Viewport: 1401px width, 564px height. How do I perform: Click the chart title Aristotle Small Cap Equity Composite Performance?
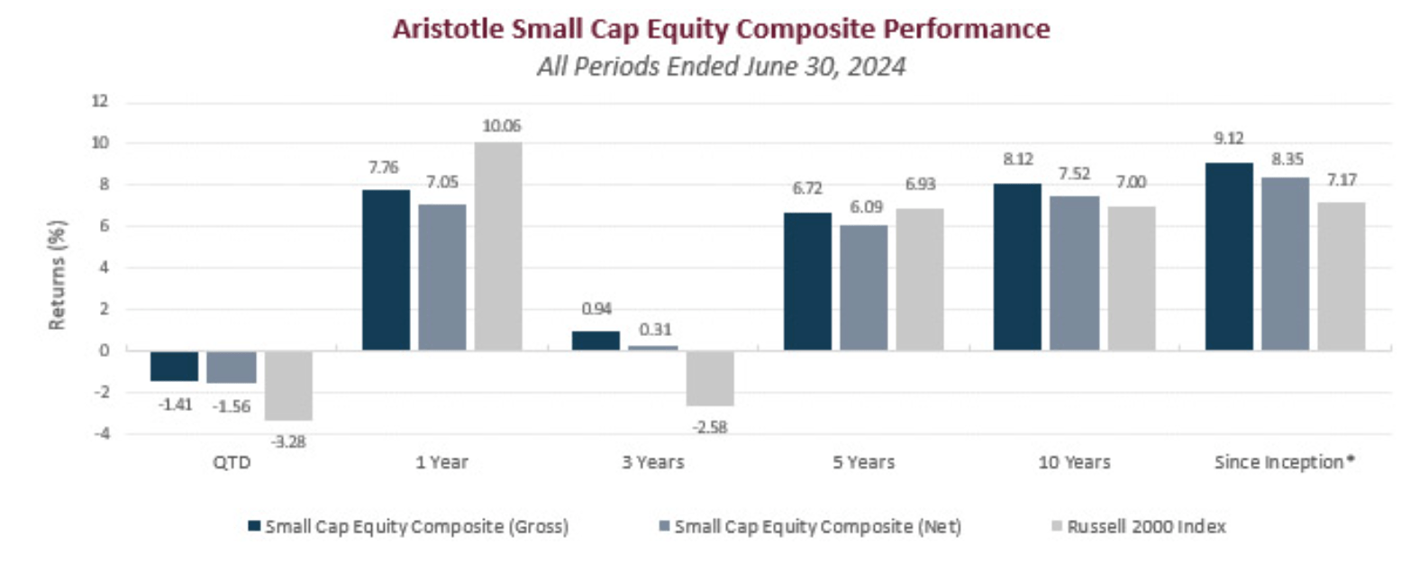[x=721, y=30]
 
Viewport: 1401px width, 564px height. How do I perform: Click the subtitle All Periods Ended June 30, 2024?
[x=721, y=67]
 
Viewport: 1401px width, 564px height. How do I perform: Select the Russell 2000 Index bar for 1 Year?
[x=497, y=246]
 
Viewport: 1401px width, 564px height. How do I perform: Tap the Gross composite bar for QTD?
[x=175, y=367]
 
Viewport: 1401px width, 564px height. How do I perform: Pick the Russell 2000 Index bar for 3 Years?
[x=709, y=378]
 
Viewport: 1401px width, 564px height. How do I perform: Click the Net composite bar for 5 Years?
[x=863, y=287]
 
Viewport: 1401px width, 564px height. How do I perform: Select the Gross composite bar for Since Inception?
[x=1228, y=257]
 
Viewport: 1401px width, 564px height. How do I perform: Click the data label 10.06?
[x=502, y=125]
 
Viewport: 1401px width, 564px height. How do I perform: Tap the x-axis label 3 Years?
[x=652, y=463]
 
